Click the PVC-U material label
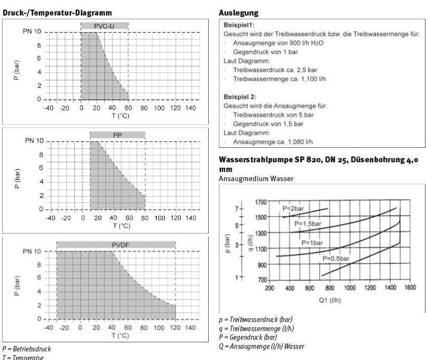coord(104,25)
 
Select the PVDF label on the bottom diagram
coord(116,244)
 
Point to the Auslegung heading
coord(239,12)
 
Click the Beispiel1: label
coord(239,25)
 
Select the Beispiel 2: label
coord(240,97)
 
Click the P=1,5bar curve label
coord(307,223)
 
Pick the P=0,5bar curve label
coord(336,259)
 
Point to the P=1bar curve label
coord(312,243)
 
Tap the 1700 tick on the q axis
coord(261,202)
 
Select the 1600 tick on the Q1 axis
coord(410,288)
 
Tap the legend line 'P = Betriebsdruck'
coord(26,348)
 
